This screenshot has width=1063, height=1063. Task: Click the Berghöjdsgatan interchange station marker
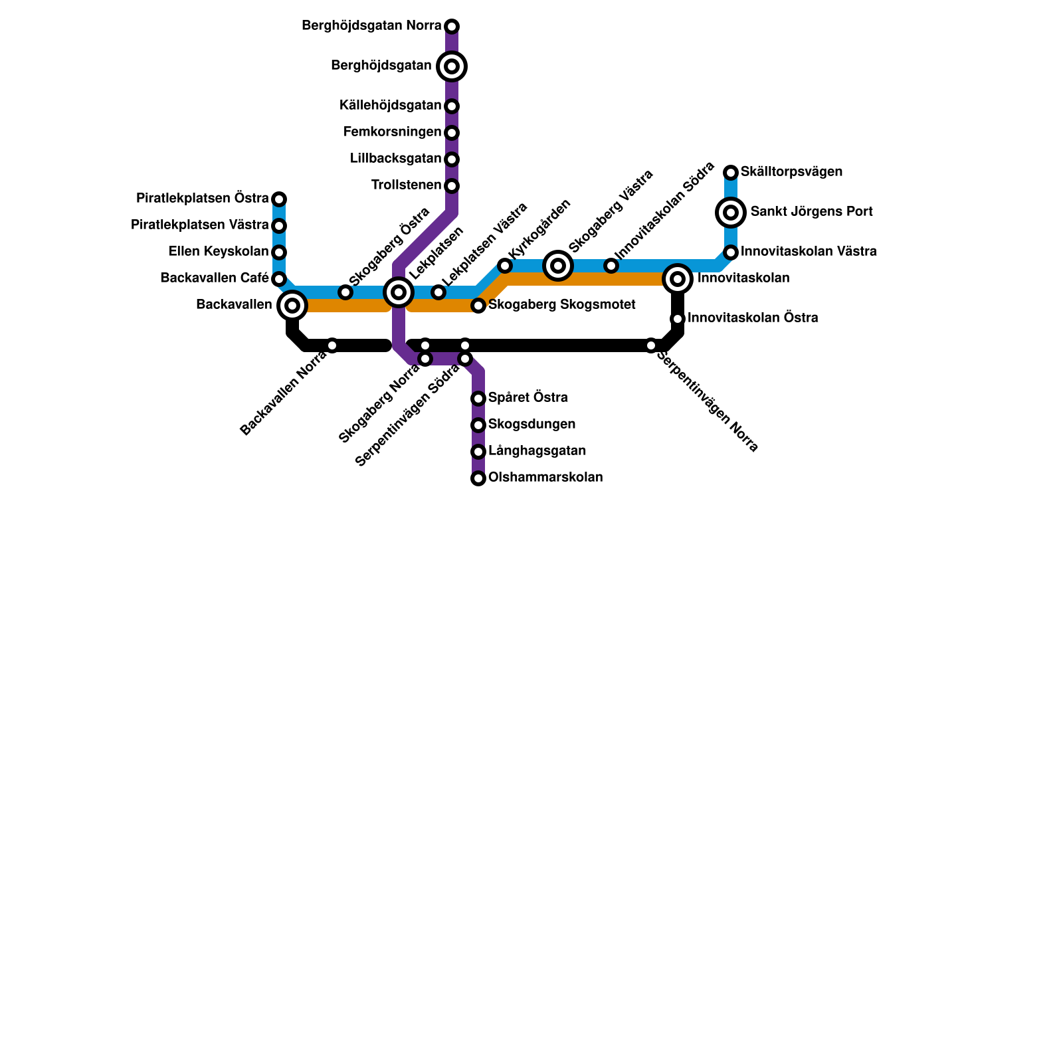pos(452,66)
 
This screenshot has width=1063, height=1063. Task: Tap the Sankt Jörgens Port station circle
pos(731,213)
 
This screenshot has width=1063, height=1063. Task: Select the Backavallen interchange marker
pos(292,306)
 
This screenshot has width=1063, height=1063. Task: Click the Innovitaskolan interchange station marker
pos(678,279)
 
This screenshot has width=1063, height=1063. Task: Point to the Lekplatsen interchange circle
pos(399,292)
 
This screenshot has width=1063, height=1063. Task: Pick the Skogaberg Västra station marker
pos(558,266)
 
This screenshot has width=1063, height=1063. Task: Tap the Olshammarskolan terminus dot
pos(478,478)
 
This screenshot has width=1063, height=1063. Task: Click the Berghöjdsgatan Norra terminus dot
pos(452,27)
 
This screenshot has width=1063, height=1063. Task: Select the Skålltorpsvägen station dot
pos(731,173)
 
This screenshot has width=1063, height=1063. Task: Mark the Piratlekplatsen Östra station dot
pos(279,199)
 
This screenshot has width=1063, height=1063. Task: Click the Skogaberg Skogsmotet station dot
pos(478,306)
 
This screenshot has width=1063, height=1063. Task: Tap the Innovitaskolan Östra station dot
pos(678,319)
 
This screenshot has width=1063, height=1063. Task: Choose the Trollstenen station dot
pos(452,186)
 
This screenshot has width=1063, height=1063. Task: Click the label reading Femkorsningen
pos(392,132)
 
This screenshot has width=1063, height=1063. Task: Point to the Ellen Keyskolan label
pos(219,252)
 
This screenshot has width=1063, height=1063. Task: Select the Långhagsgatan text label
pos(537,451)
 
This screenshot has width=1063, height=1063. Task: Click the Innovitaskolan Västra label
pos(809,252)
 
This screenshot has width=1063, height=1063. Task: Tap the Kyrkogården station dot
pos(505,266)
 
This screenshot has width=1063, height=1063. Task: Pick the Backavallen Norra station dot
pos(332,345)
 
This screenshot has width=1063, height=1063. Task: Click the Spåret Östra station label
pos(528,398)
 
